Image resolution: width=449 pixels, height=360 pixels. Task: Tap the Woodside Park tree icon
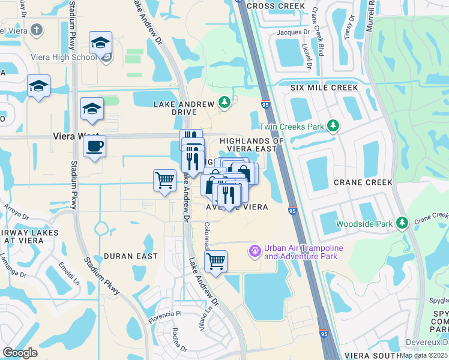(x=402, y=224)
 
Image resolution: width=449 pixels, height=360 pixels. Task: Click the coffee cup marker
(x=94, y=146)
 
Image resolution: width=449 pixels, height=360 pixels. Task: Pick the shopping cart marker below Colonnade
(x=215, y=261)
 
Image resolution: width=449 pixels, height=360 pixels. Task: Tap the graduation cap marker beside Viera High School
(x=100, y=43)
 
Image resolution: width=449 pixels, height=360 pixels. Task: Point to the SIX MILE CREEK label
(x=324, y=88)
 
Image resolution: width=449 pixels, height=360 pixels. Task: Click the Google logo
(x=20, y=352)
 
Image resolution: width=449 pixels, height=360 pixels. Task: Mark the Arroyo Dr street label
(x=13, y=214)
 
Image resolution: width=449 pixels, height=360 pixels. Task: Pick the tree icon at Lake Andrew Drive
(x=224, y=103)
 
